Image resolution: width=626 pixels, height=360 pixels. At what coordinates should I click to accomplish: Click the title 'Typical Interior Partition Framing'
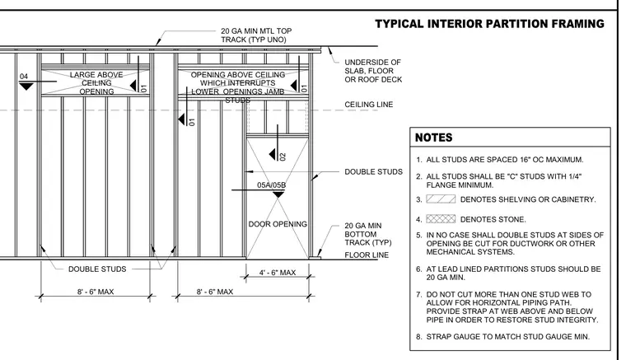(x=489, y=24)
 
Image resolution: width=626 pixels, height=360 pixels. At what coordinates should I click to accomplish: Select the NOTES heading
(x=433, y=138)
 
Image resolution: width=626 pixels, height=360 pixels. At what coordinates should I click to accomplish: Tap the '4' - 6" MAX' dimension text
(x=278, y=273)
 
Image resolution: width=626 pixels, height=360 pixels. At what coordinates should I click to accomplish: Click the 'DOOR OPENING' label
(x=278, y=224)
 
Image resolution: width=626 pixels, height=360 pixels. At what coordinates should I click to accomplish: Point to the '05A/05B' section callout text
(x=272, y=185)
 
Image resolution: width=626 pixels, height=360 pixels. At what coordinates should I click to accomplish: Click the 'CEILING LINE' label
(x=368, y=105)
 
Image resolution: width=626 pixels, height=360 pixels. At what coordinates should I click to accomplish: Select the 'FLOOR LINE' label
(x=367, y=255)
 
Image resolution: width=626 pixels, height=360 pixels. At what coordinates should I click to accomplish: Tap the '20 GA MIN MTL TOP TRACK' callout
(x=256, y=35)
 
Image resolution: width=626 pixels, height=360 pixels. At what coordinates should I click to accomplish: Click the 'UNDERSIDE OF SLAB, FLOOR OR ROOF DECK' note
(x=373, y=71)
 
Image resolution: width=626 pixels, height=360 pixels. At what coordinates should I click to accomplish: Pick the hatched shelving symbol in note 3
(x=441, y=199)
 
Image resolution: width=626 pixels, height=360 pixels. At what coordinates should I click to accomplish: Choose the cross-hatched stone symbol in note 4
(x=441, y=219)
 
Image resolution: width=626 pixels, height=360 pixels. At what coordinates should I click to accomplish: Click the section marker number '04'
(x=24, y=77)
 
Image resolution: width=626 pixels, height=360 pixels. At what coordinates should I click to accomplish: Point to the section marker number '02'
(x=283, y=157)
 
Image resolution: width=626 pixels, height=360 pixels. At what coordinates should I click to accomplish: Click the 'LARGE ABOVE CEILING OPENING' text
(x=96, y=83)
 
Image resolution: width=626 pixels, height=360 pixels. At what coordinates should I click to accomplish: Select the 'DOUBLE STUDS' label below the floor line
(x=97, y=269)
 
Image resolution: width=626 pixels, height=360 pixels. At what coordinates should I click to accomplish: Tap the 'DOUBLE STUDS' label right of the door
(x=374, y=172)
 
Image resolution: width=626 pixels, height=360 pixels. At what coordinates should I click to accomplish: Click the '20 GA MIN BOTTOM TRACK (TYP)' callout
(x=368, y=234)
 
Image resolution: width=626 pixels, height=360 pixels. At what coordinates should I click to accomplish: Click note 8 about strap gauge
(x=502, y=337)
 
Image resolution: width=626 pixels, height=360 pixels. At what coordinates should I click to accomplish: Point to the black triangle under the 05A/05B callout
(x=278, y=194)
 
